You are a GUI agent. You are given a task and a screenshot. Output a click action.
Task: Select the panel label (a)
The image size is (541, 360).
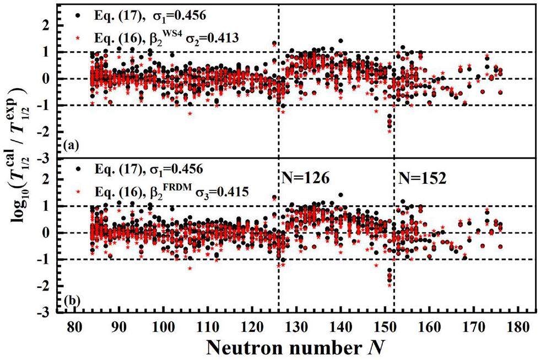[x=71, y=146]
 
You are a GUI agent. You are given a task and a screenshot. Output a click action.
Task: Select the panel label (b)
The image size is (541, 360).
[x=71, y=302]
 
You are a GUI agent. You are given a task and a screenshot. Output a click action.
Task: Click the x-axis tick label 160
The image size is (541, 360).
[x=430, y=326]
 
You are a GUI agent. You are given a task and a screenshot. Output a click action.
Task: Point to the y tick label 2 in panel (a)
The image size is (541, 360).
[x=53, y=25]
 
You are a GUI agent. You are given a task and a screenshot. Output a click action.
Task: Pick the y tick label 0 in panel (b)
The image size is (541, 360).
[x=53, y=233]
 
